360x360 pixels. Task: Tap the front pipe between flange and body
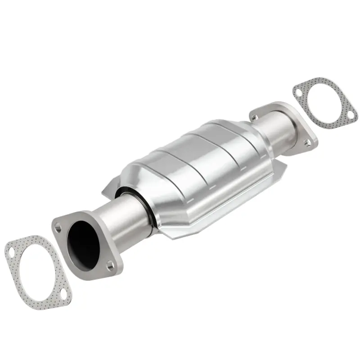[x=121, y=220]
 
